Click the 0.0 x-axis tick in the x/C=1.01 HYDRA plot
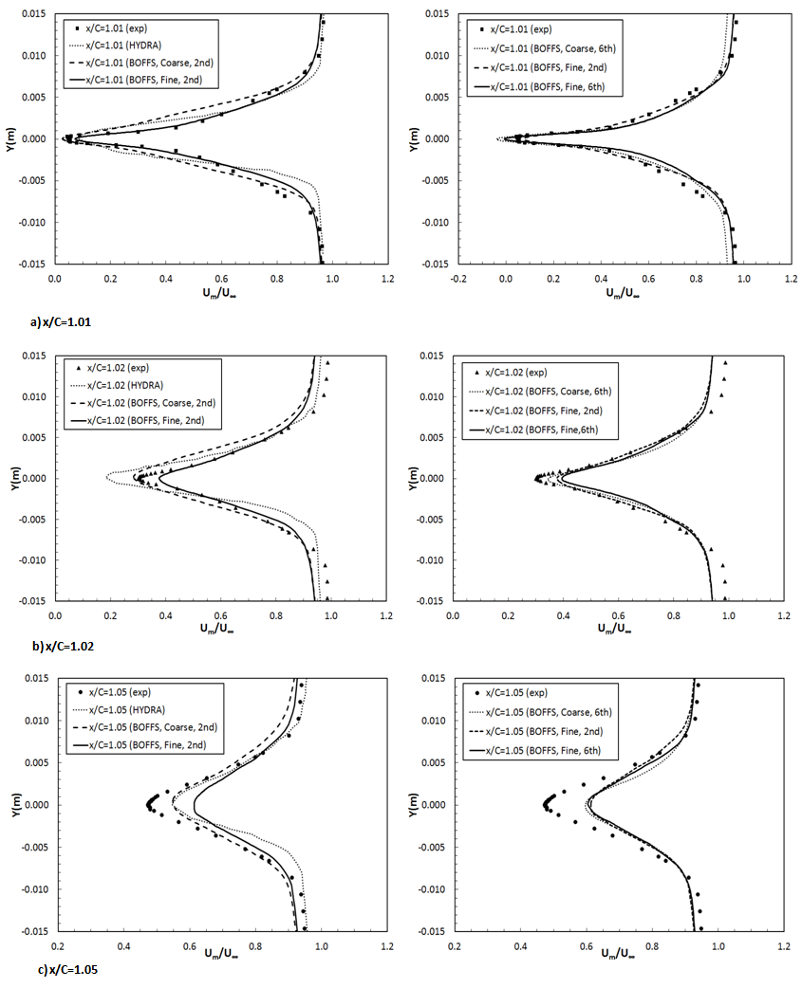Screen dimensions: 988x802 (x=54, y=280)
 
